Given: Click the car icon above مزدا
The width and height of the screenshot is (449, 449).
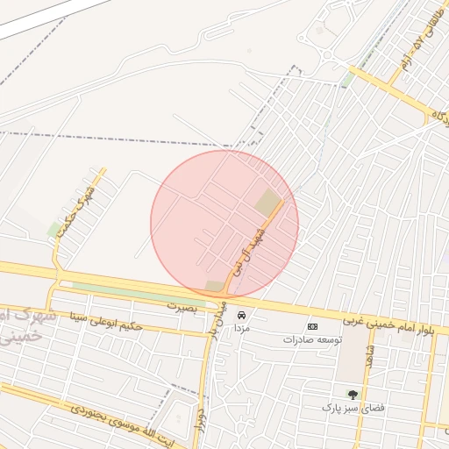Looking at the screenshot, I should (242, 314).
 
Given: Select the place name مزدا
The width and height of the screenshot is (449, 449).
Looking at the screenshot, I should (242, 326).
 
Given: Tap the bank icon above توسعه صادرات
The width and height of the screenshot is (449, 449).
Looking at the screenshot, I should (313, 326).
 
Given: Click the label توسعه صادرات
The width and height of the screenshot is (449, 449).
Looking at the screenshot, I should (313, 339).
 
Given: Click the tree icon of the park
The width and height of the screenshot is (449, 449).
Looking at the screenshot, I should (353, 395).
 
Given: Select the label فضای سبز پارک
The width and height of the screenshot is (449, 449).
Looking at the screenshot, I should (353, 408).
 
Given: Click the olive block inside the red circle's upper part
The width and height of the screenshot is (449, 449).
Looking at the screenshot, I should (267, 203).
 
